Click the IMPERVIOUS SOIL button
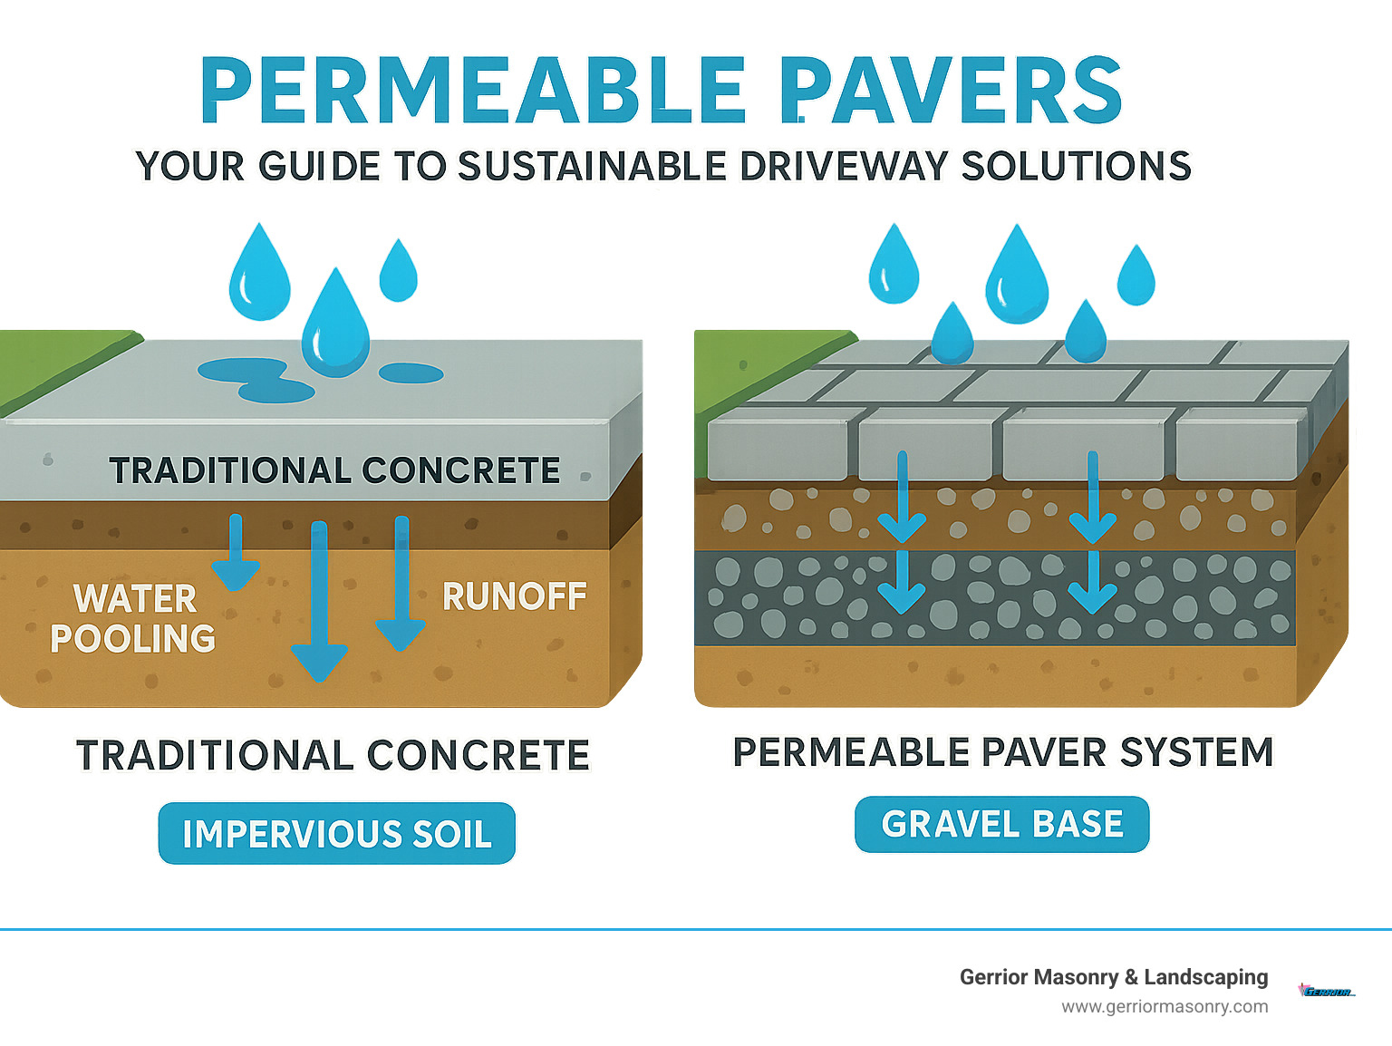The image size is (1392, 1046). pos(337,833)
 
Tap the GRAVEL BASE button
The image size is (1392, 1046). pos(1002,824)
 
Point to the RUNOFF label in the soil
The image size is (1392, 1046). pos(514,596)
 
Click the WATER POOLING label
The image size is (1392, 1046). pos(133,618)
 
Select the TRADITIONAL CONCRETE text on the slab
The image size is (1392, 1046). pos(334,471)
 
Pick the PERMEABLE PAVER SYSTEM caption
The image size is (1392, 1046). pos(1003,752)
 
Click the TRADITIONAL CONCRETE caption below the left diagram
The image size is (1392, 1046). pos(333,755)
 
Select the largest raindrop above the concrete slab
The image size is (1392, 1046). pos(335,324)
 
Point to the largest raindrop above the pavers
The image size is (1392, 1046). pos(1017,276)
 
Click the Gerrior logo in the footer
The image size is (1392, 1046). pos(1326,991)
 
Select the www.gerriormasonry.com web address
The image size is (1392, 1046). pos(1165,1006)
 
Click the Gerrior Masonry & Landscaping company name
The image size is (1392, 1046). pos(1114,977)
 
